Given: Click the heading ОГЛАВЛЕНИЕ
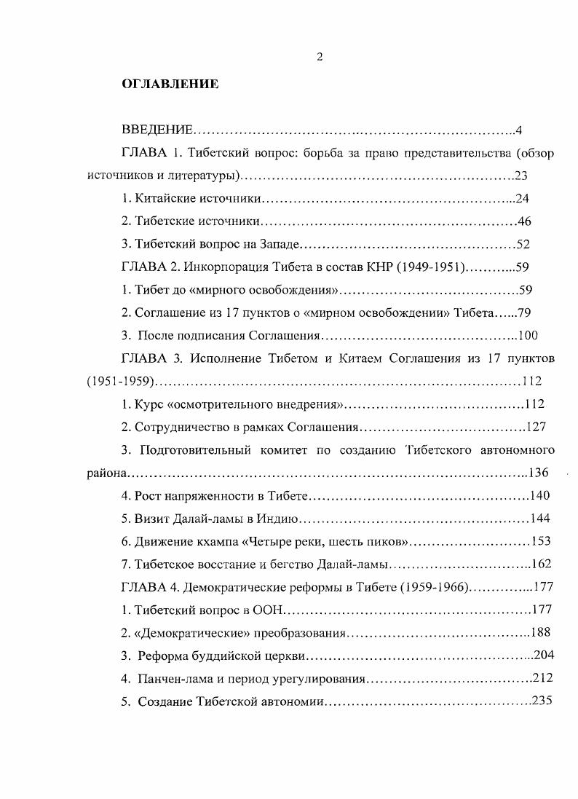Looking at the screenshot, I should pos(169,84).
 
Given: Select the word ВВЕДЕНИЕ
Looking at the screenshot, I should pos(157,130).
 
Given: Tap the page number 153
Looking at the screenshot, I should pos(541,541).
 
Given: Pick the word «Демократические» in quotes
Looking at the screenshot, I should pos(184,632).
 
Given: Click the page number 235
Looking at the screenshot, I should pos(543,701).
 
